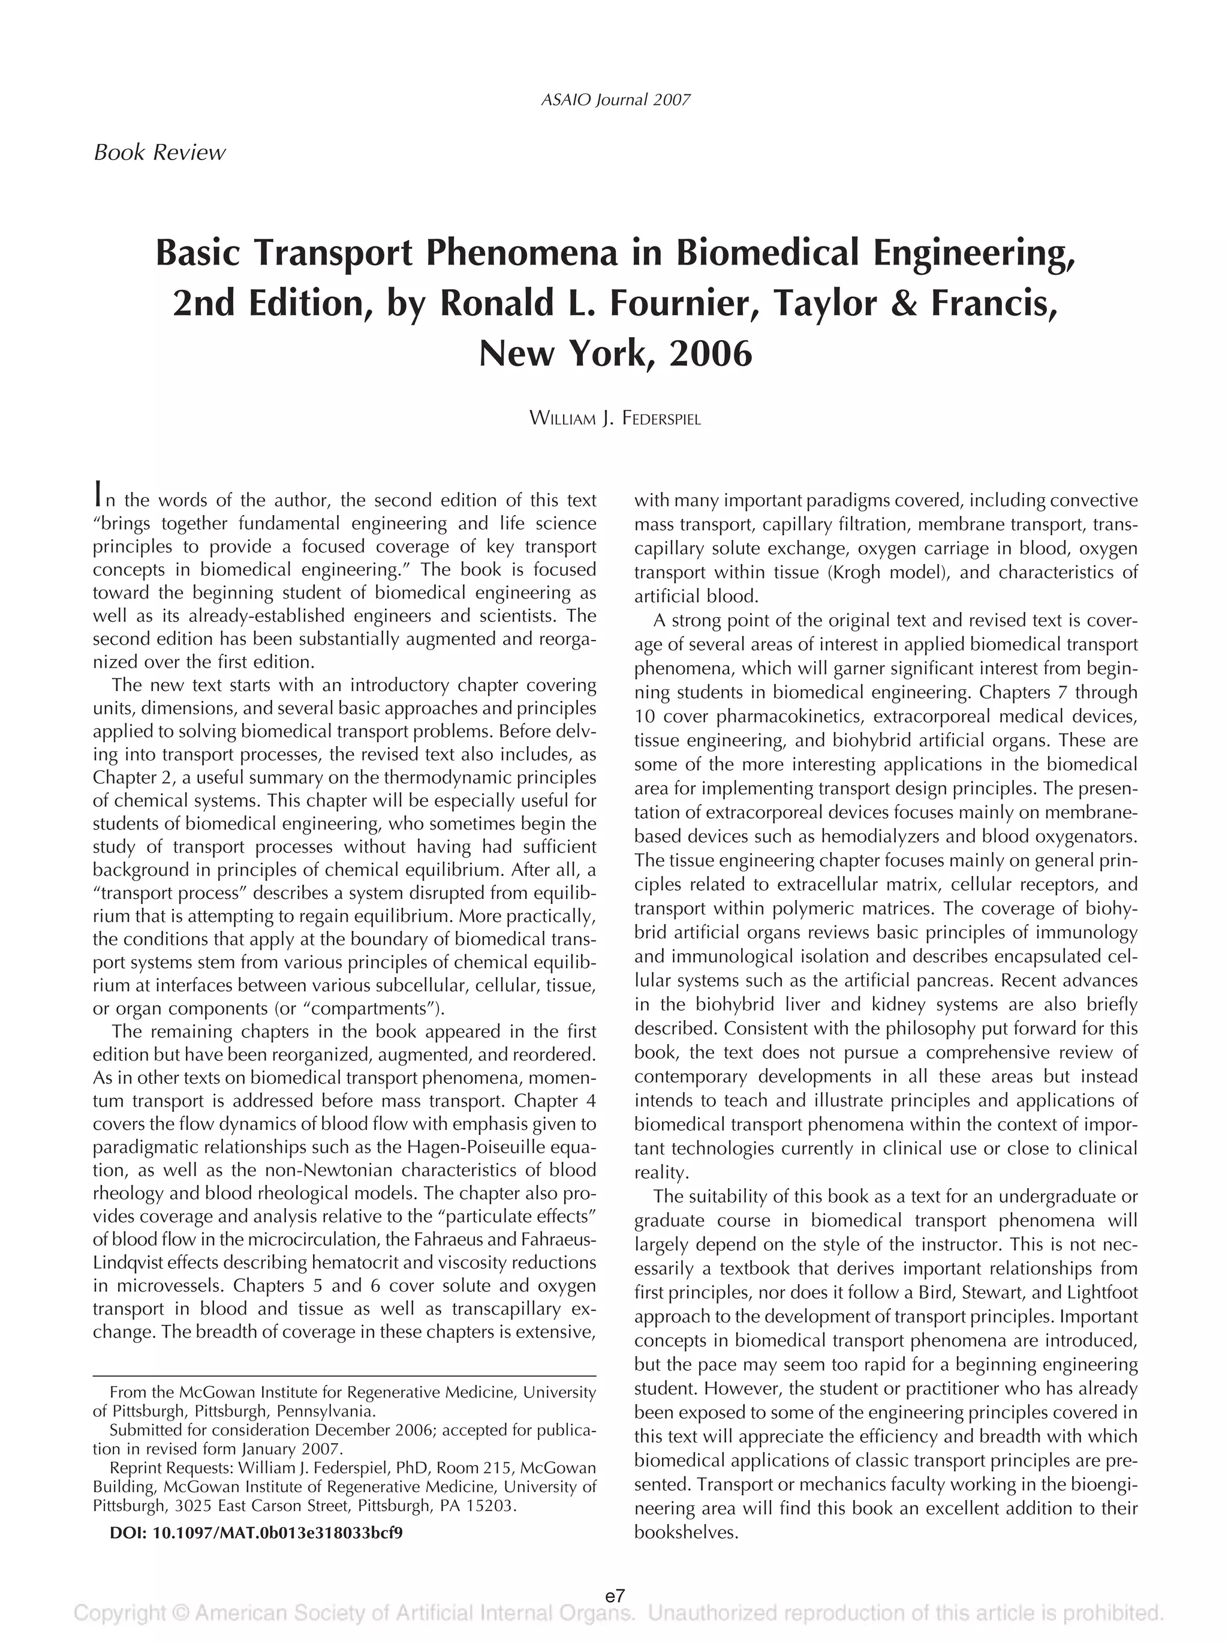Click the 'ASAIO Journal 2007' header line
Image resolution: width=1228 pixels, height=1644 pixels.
[616, 100]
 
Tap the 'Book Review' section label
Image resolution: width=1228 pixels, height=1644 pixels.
[159, 153]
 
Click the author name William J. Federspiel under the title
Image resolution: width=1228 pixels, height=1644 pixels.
[615, 419]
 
